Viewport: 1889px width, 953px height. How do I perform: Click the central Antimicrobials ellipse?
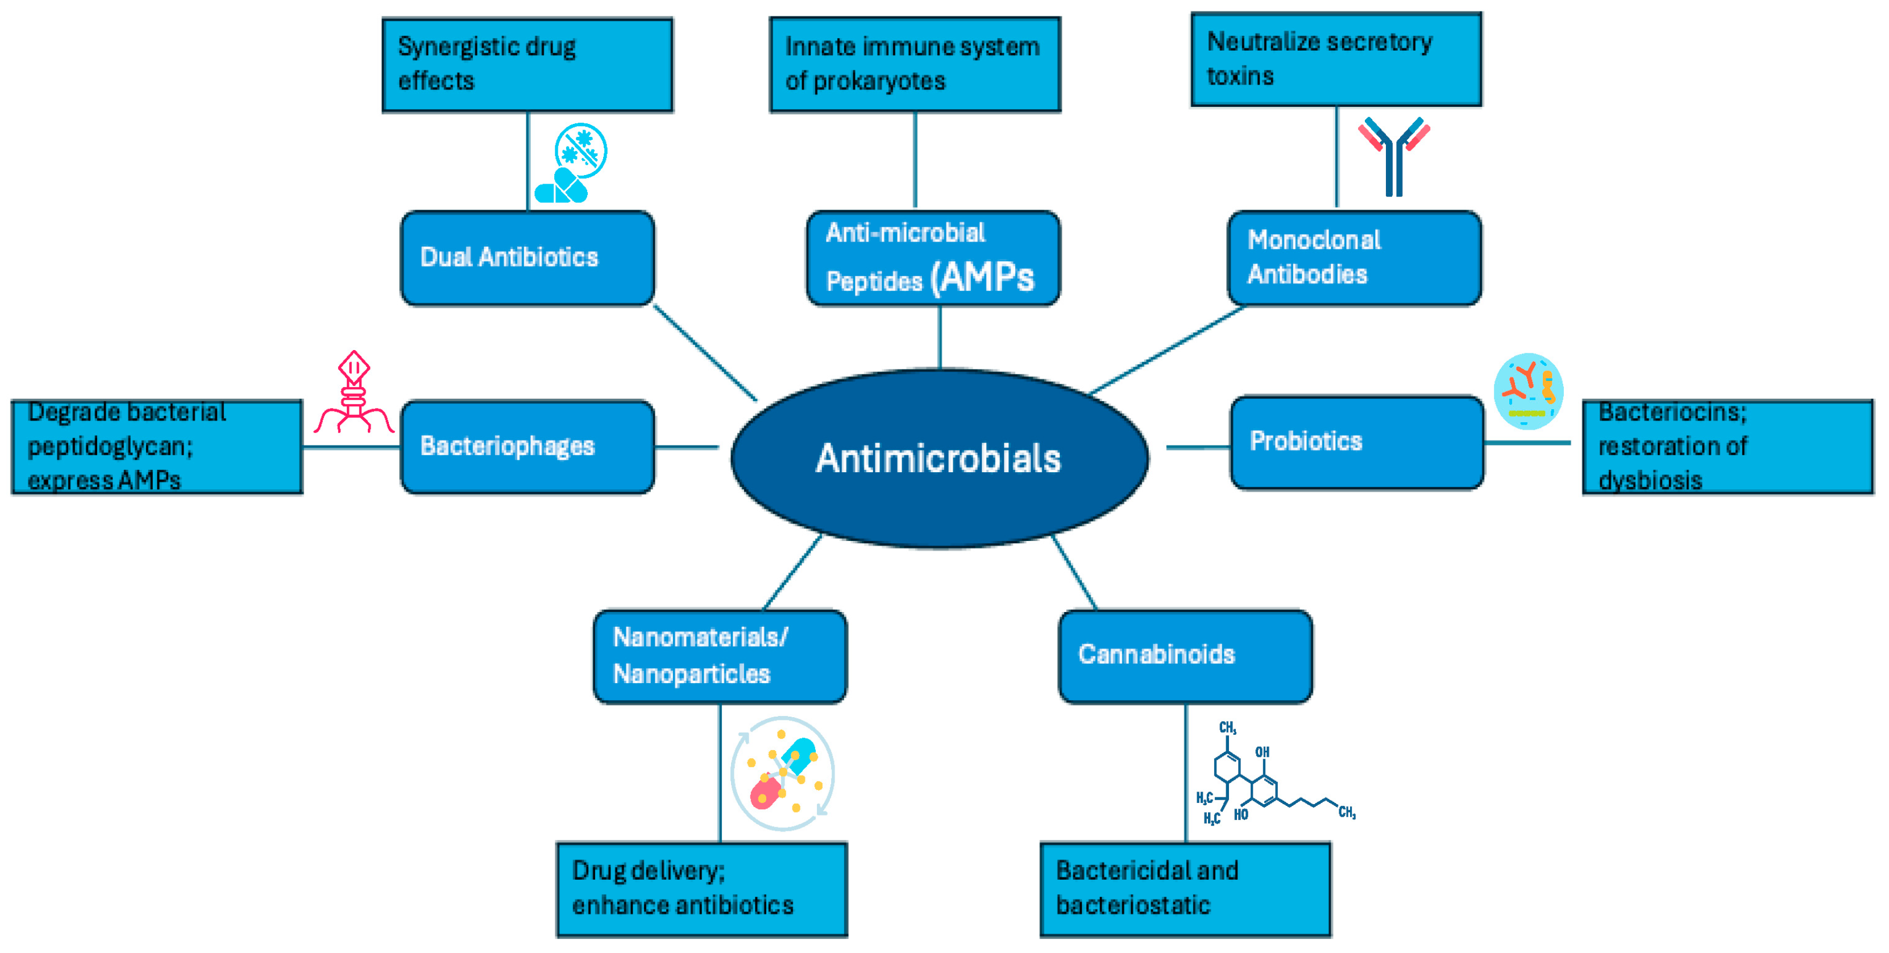pyautogui.click(x=939, y=458)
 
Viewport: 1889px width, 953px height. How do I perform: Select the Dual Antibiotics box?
pyautogui.click(x=527, y=258)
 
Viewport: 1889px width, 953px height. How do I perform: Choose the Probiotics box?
pyautogui.click(x=1356, y=442)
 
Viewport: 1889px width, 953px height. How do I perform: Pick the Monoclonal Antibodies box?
pyautogui.click(x=1354, y=258)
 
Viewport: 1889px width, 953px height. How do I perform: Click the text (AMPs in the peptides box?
pyautogui.click(x=983, y=278)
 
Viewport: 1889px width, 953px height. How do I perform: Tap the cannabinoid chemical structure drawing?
pyautogui.click(x=1269, y=777)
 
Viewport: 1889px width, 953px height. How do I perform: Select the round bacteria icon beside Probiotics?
pyautogui.click(x=1528, y=391)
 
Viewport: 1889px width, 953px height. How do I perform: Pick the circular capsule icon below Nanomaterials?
pyautogui.click(x=782, y=773)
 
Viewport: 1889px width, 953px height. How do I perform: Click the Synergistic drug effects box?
pyautogui.click(x=527, y=65)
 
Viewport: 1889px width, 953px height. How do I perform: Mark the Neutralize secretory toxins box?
pyautogui.click(x=1335, y=59)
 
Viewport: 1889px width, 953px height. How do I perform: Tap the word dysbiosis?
pyautogui.click(x=1650, y=481)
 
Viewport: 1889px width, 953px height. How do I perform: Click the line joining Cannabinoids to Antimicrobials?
pyautogui.click(x=1074, y=572)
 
